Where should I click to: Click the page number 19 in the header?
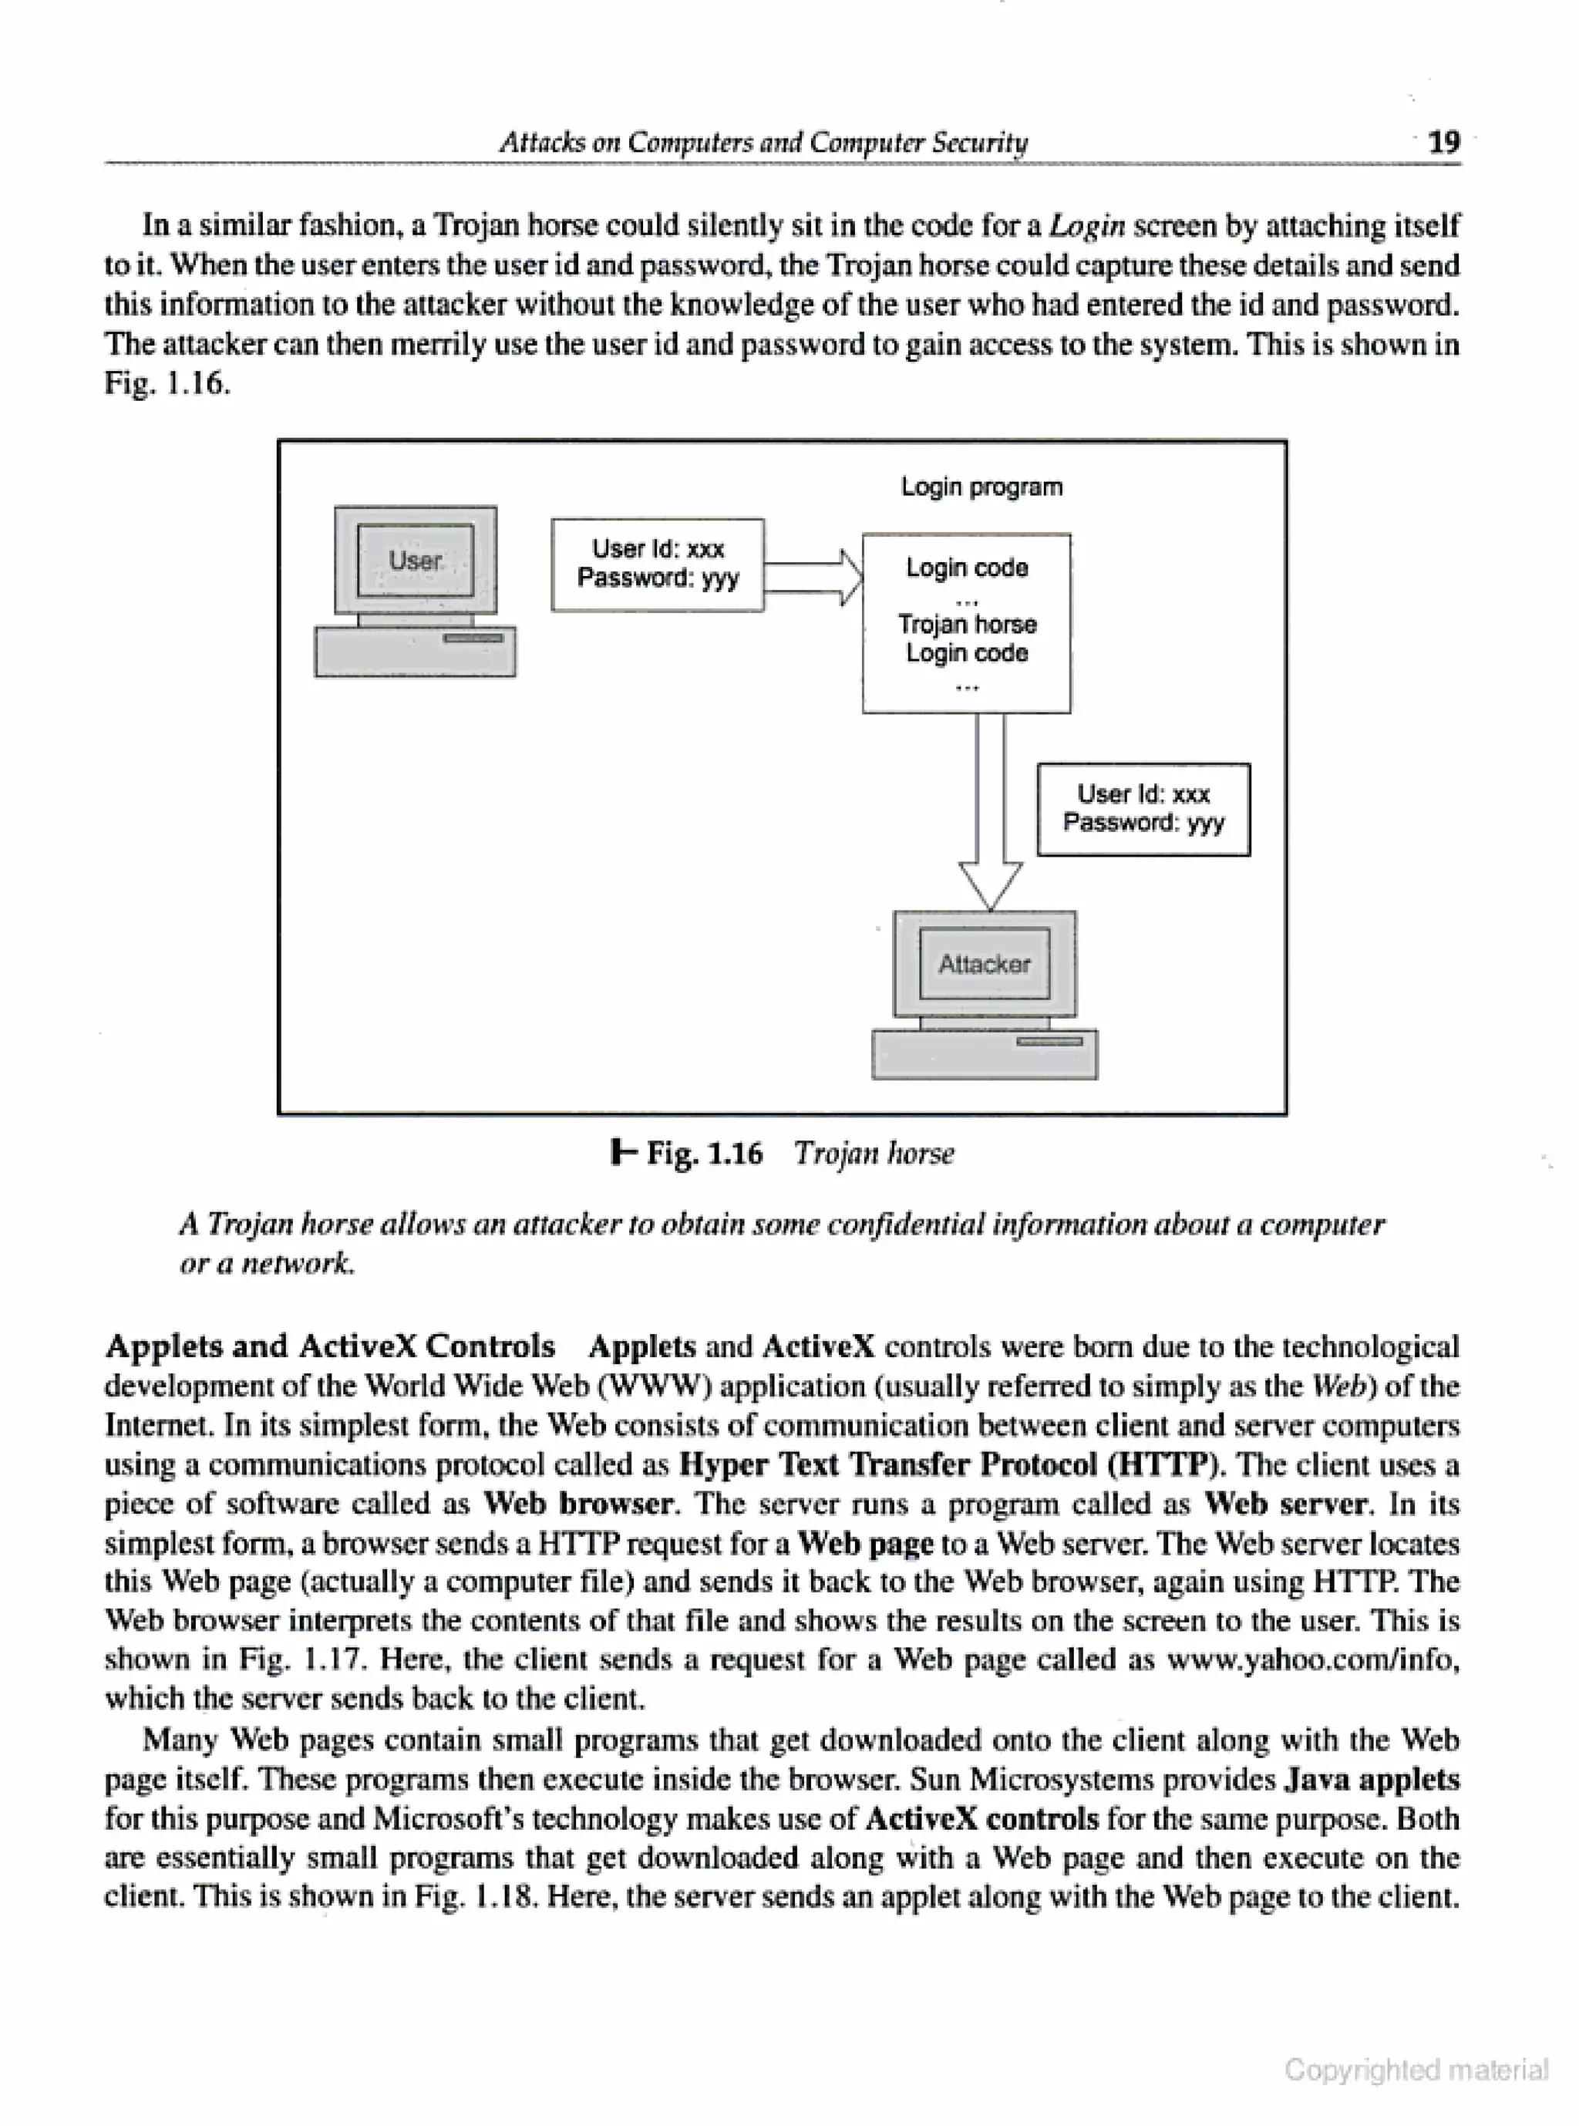[x=1443, y=143]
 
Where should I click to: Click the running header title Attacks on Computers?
[x=763, y=143]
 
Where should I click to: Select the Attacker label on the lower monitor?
[x=985, y=964]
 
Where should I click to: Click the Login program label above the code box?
[x=981, y=487]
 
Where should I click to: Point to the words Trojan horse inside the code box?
[x=968, y=624]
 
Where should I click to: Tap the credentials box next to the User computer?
[x=658, y=564]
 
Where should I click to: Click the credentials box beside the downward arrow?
[x=1143, y=809]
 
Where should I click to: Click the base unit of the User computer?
[x=415, y=652]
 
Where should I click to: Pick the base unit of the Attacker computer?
[x=985, y=1054]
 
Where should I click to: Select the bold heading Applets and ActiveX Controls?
[x=330, y=1346]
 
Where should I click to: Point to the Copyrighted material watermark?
[x=1416, y=2070]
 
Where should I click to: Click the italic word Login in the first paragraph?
[x=1087, y=226]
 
